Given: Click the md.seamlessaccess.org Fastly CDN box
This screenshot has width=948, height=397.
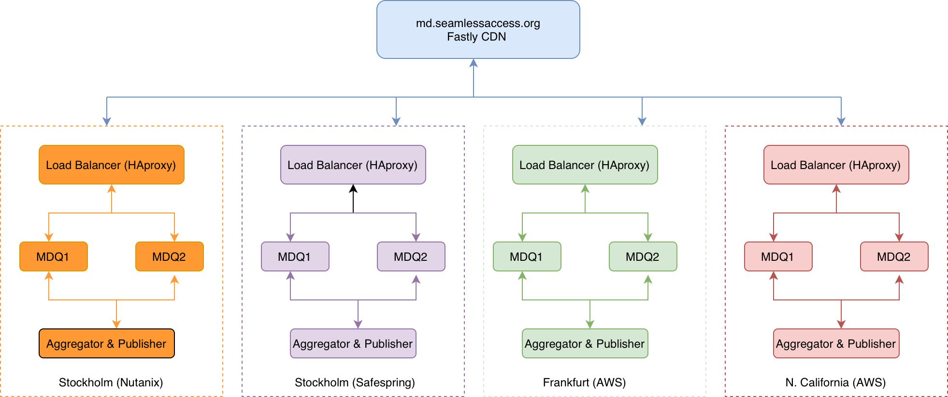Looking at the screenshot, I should (478, 30).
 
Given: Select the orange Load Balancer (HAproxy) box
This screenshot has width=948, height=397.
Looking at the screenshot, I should (111, 165).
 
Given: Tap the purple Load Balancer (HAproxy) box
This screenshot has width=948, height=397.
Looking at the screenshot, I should (353, 165).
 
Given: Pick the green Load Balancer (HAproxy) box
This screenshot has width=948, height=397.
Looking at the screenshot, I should (585, 165).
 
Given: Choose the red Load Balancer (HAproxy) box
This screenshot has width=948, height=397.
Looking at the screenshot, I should (836, 165).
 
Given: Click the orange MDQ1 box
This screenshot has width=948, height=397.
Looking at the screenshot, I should (53, 256).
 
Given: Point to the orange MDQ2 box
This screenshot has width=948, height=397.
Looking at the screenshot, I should (169, 256).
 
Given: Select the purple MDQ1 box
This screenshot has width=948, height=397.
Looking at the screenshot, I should (295, 256).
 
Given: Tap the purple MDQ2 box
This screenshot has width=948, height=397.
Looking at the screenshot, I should (411, 256).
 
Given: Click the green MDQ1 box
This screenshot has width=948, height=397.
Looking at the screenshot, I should (527, 256).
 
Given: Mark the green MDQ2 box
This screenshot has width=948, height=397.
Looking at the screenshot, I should (643, 256).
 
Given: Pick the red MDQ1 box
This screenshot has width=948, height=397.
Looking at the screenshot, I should (778, 256).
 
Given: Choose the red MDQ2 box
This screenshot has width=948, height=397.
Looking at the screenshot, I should (894, 256).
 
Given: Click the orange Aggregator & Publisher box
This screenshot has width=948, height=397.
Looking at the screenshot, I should (106, 343).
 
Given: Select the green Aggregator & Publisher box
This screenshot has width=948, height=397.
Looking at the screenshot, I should (585, 343).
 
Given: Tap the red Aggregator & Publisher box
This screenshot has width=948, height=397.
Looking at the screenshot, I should (836, 343).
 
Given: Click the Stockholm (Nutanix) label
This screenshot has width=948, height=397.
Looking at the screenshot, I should (111, 383).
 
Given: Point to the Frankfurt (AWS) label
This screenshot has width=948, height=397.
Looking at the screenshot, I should (584, 383).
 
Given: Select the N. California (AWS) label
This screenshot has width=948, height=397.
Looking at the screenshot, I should (835, 383).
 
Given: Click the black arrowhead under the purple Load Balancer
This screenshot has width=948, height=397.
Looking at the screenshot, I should (353, 189).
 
